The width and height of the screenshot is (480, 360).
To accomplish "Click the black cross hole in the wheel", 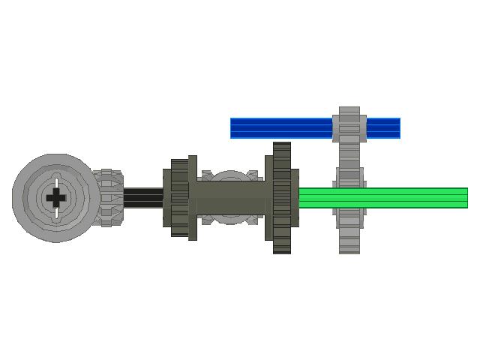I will [x=56, y=198].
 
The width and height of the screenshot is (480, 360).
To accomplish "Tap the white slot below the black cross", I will [x=56, y=212].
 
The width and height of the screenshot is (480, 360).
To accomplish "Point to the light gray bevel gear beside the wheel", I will [x=107, y=198].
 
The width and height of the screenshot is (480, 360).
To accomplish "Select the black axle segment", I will [x=142, y=198].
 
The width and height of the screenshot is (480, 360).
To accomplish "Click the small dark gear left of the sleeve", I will [x=178, y=198].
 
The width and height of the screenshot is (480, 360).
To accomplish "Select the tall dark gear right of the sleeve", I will [x=281, y=198].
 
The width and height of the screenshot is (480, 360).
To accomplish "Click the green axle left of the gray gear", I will [x=315, y=198].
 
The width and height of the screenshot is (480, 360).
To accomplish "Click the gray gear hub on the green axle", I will [x=349, y=198].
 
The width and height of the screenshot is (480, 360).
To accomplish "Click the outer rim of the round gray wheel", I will [x=22, y=198].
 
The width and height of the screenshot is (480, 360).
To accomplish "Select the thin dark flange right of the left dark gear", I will [x=193, y=198].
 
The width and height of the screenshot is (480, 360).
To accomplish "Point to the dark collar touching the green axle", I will [x=295, y=198].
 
